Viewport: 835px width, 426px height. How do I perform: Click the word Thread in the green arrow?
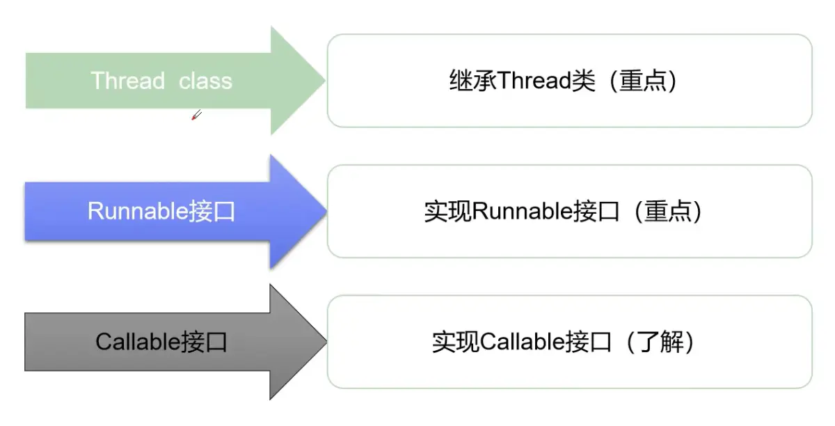point(128,81)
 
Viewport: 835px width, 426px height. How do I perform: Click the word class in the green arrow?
point(205,81)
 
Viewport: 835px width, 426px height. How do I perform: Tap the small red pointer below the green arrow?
point(196,115)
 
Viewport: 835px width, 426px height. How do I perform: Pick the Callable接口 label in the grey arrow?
point(161,342)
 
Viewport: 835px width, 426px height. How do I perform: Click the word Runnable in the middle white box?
point(522,212)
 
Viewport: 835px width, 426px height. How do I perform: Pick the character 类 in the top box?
point(584,81)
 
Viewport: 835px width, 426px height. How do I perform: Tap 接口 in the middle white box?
point(596,212)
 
